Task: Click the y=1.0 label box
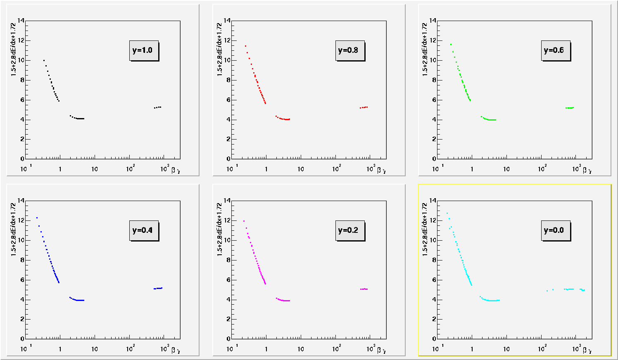point(144,51)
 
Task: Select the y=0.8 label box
point(349,51)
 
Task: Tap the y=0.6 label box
point(555,51)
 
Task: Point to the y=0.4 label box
point(144,230)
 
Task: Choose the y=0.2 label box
point(349,230)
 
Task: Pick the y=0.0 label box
point(555,230)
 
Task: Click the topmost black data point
point(44,60)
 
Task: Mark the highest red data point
point(245,46)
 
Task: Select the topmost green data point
point(451,44)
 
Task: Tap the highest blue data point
point(37,218)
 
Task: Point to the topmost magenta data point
point(244,221)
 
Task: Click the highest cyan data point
point(447,213)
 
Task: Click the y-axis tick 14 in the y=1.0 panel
point(21,21)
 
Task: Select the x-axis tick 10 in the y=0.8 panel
point(300,169)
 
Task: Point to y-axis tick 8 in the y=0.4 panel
point(22,260)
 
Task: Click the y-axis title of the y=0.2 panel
point(219,229)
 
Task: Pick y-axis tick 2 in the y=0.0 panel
point(434,319)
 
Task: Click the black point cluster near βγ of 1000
point(157,107)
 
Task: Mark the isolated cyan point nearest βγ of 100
point(547,291)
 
